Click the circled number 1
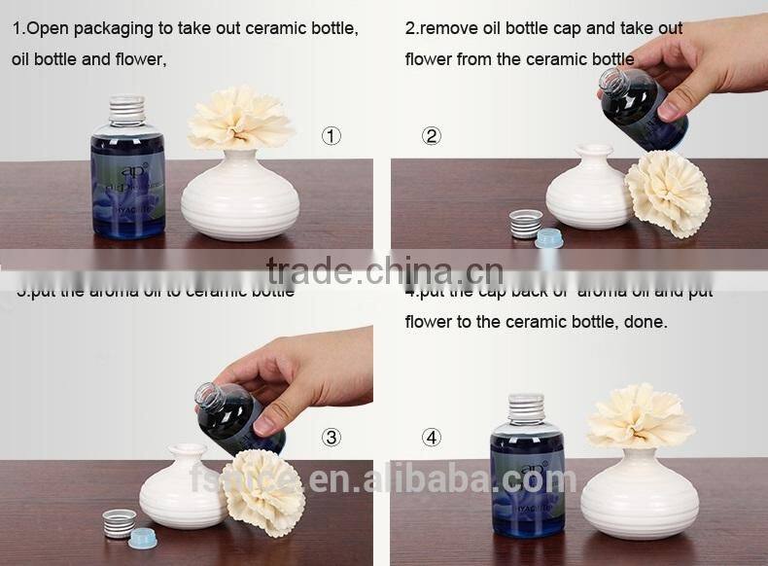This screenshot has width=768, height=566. (332, 136)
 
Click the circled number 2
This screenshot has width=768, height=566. (432, 136)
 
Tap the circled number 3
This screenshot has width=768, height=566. (332, 438)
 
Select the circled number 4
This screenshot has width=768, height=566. (432, 438)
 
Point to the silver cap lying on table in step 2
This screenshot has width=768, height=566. (526, 223)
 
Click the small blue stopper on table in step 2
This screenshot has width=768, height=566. (549, 236)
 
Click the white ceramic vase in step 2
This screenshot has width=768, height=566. (588, 190)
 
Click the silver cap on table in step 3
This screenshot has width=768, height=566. (119, 522)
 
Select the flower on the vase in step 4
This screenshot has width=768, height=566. (640, 415)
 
